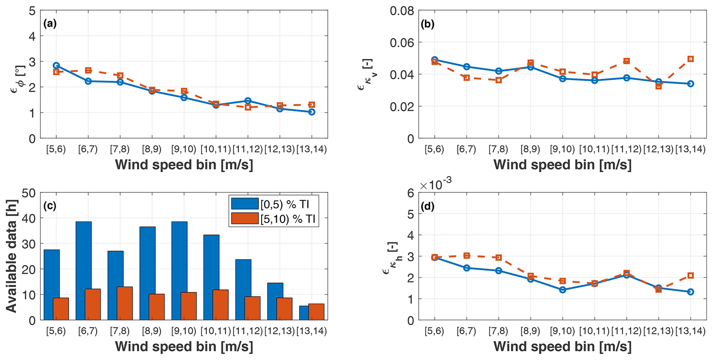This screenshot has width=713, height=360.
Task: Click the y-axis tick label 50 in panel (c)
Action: [29, 193]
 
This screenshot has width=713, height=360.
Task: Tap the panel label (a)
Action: [50, 24]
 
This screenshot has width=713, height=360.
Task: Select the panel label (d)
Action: [428, 206]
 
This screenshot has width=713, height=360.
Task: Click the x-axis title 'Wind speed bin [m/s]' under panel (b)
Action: [562, 165]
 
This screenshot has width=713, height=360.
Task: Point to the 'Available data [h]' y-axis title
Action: [12, 256]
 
